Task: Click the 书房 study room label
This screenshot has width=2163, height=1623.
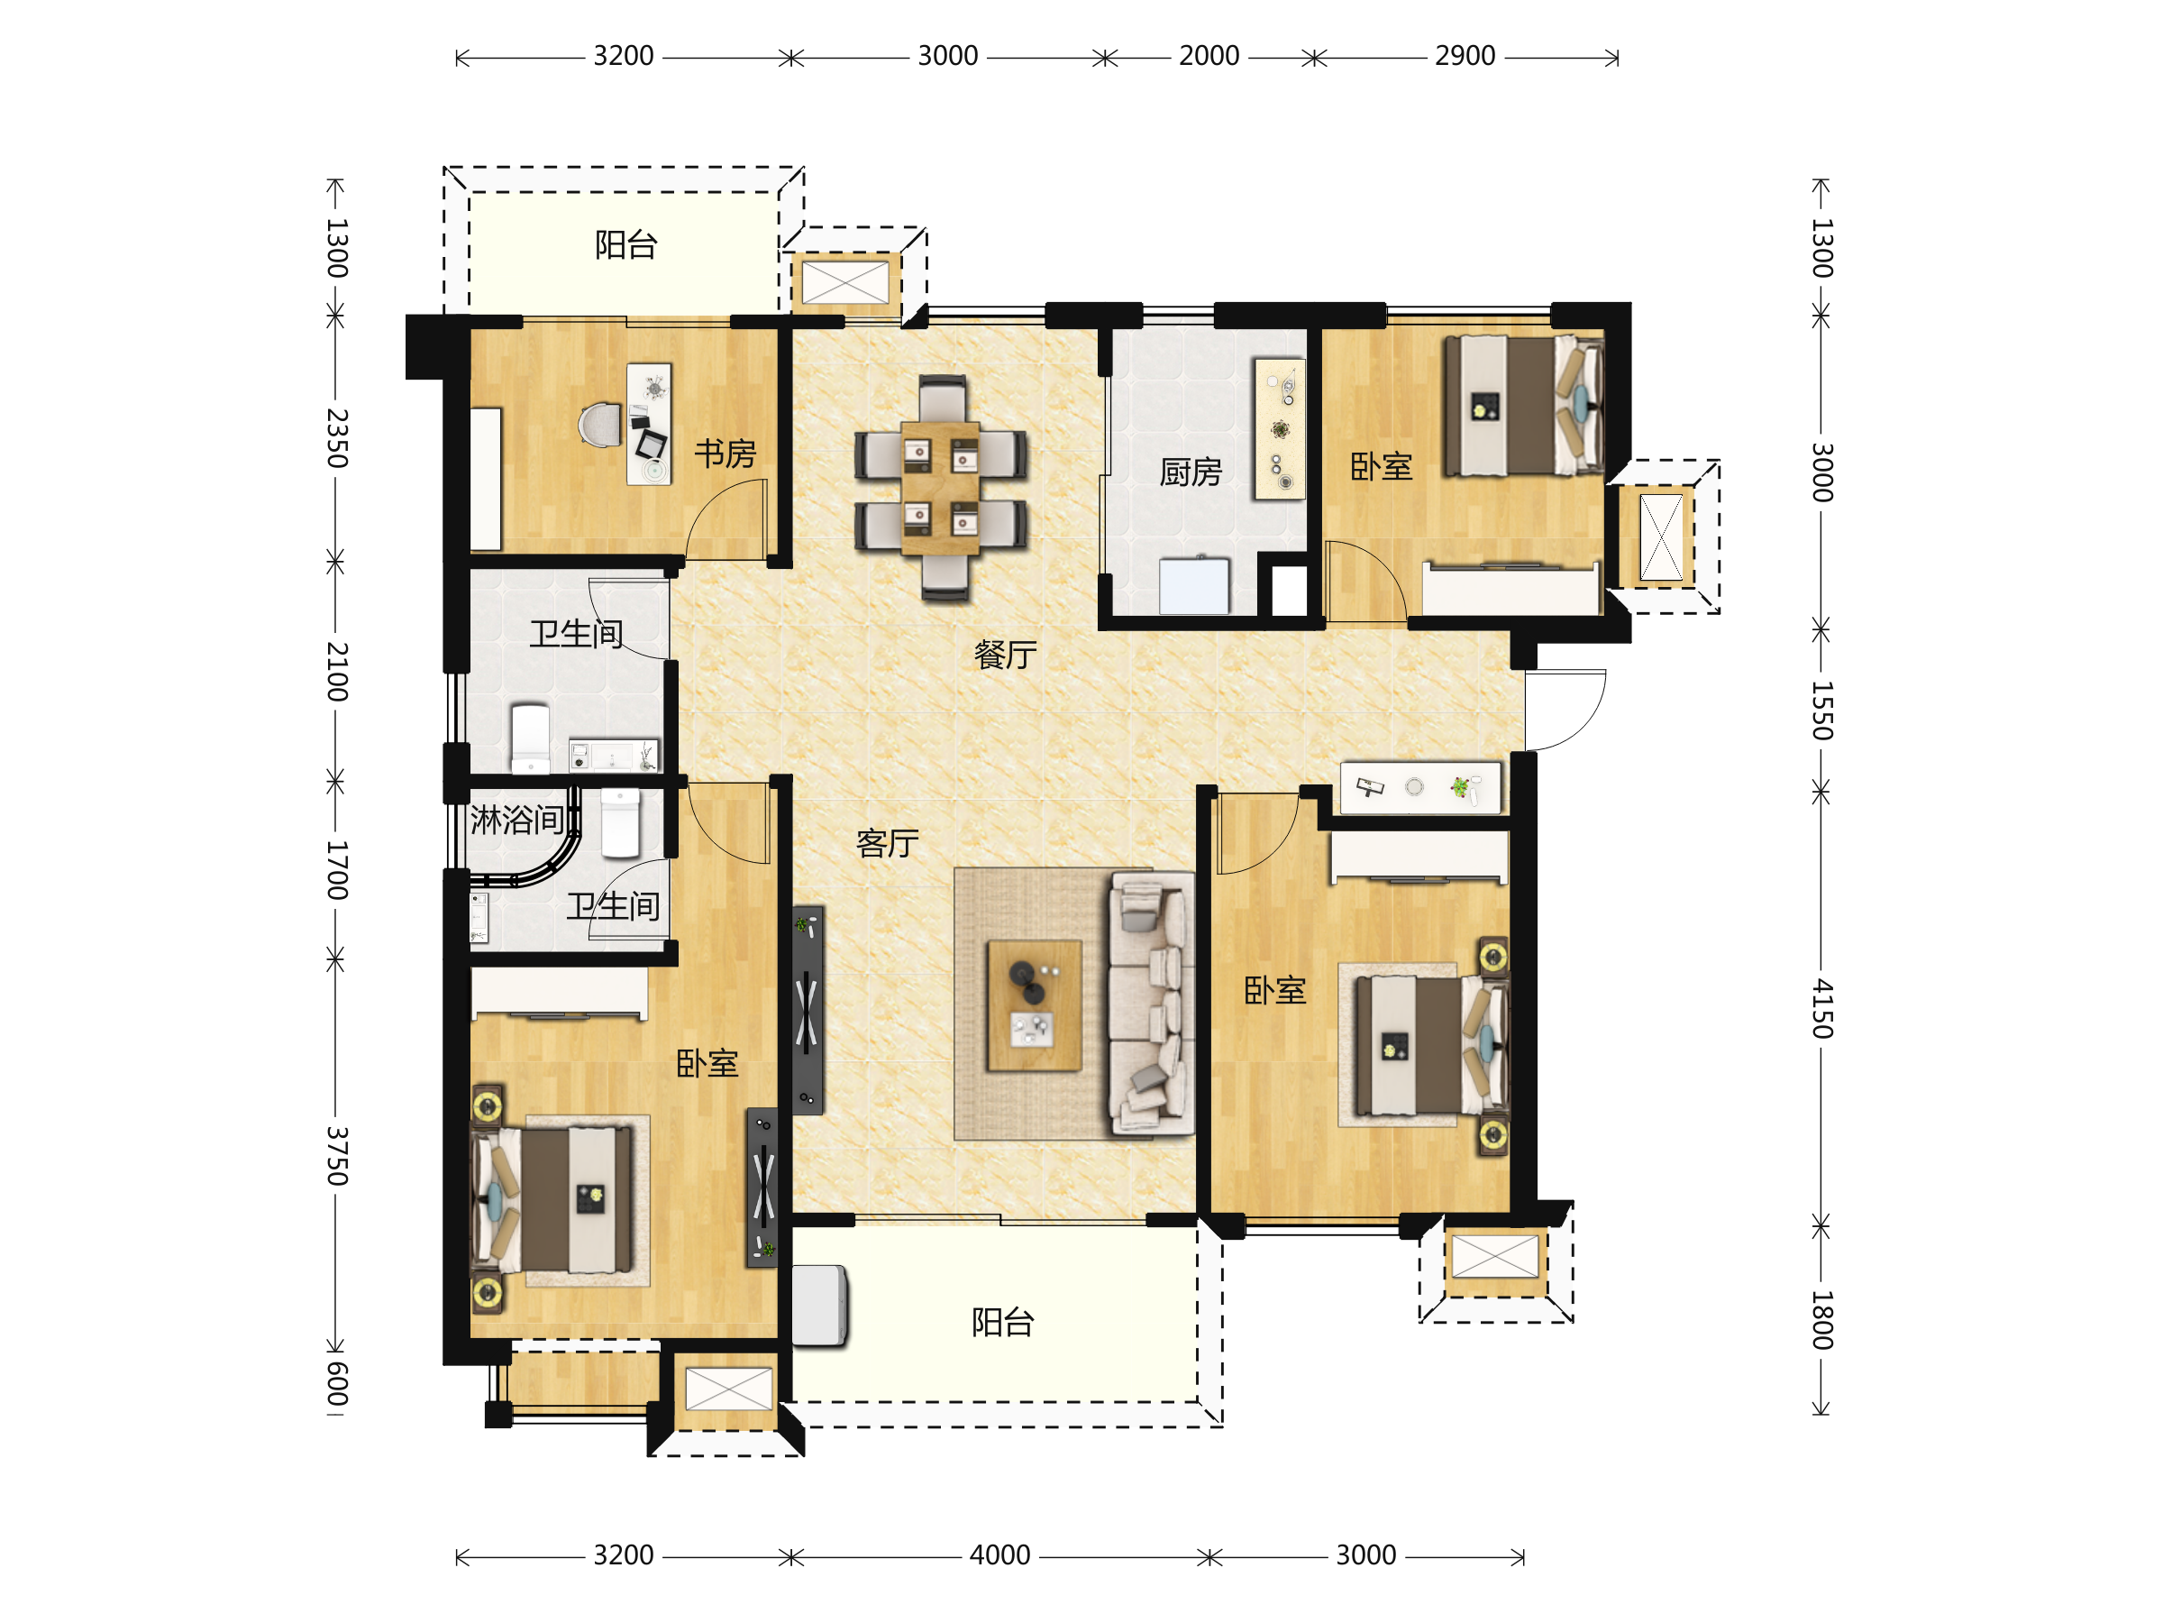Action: tap(725, 454)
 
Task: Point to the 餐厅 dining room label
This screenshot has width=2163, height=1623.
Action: tap(1005, 655)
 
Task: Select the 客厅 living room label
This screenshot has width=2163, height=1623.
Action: tap(887, 842)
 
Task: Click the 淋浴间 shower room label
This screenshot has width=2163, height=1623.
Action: tap(516, 820)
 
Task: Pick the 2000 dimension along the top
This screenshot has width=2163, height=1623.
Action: tap(1209, 56)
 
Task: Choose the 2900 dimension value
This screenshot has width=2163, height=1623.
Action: tap(1465, 56)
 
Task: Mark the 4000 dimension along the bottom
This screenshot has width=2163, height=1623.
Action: tap(999, 1554)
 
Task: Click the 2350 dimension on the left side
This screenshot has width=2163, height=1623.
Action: tap(336, 438)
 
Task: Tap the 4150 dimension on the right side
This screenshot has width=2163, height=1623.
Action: tap(1821, 1008)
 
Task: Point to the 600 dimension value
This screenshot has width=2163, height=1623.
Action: tap(336, 1383)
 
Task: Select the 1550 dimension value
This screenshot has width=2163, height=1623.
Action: tap(1821, 711)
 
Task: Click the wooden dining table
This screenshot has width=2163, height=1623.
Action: tap(940, 488)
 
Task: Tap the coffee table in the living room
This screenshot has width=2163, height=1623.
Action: tap(1035, 1005)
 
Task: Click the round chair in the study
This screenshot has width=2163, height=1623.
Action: tap(599, 425)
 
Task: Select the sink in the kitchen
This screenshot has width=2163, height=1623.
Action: tap(1194, 585)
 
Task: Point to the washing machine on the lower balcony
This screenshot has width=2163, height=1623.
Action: tap(818, 1306)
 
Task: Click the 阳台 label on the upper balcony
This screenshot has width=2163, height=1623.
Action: tap(625, 244)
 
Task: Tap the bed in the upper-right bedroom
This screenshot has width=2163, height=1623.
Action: tap(1523, 406)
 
